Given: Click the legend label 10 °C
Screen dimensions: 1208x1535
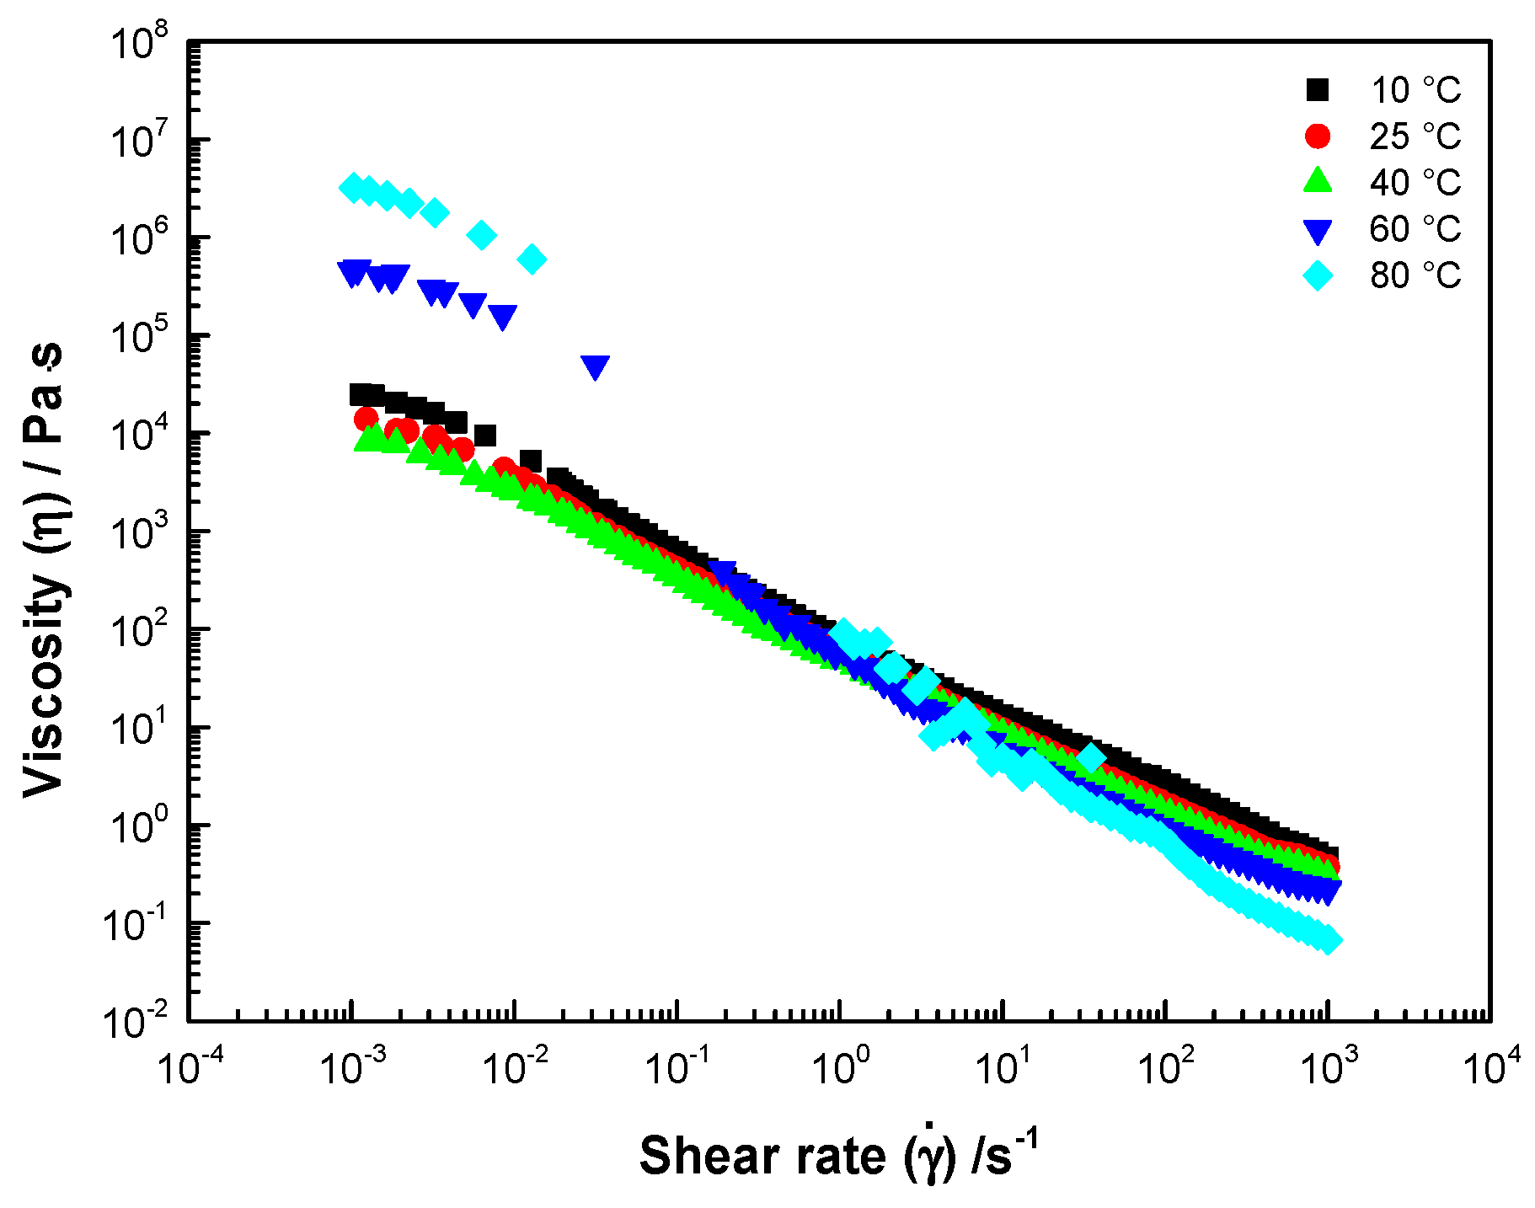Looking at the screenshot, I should (1415, 90).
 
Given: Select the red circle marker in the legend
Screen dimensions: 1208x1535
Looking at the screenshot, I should (1318, 136).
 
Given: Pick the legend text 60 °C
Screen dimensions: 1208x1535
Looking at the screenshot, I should (1415, 229).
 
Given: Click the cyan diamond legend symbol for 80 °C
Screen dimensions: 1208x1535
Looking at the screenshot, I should (1318, 275).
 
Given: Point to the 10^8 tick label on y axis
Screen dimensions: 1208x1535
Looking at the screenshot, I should (139, 42).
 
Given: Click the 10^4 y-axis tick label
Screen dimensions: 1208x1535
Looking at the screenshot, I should (139, 435).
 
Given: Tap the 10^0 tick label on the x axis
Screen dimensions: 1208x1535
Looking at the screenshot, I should (839, 1067).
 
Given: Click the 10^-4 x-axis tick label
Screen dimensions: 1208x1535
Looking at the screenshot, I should (189, 1067).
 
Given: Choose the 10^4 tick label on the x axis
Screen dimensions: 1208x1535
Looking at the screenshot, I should (1491, 1067).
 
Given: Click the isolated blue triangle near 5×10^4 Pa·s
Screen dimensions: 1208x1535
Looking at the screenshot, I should (595, 366).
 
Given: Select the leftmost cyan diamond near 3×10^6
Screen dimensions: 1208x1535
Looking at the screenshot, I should (353, 187).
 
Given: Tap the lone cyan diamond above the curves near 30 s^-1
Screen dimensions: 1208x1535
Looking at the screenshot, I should (1091, 757).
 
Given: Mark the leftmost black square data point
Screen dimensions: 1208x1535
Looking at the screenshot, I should (361, 394).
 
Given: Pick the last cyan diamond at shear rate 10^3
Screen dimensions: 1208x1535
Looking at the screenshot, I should (1327, 940).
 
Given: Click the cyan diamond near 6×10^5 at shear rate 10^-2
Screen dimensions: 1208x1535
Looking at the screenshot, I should (532, 259).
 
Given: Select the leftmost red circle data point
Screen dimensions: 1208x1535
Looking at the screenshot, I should (366, 418).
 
